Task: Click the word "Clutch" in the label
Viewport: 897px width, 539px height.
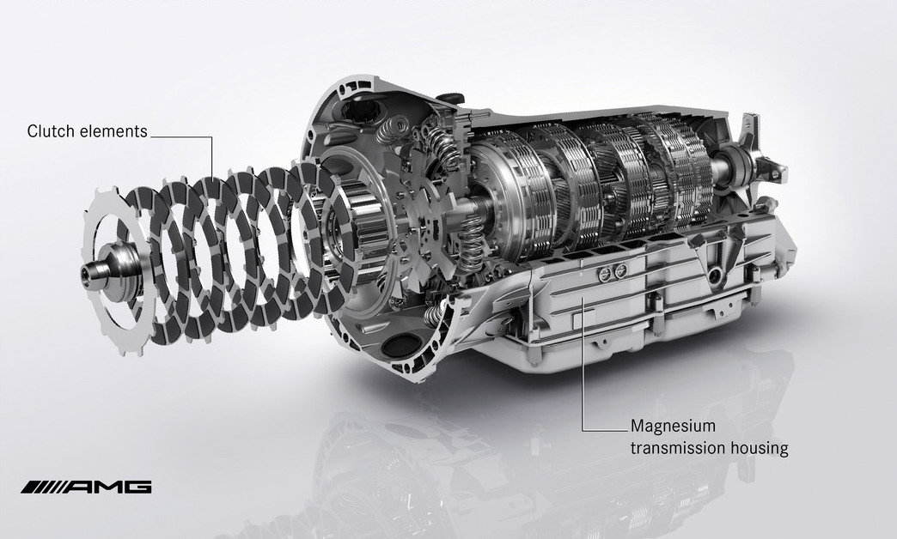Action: click(52, 131)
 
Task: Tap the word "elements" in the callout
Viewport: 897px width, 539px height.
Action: click(113, 131)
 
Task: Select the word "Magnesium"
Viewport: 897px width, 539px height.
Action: click(673, 426)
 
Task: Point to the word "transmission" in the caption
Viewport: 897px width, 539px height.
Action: click(674, 448)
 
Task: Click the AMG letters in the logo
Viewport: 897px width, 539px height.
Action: click(107, 487)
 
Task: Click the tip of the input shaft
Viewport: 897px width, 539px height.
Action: click(84, 271)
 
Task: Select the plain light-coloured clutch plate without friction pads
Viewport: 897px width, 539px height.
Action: click(114, 269)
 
